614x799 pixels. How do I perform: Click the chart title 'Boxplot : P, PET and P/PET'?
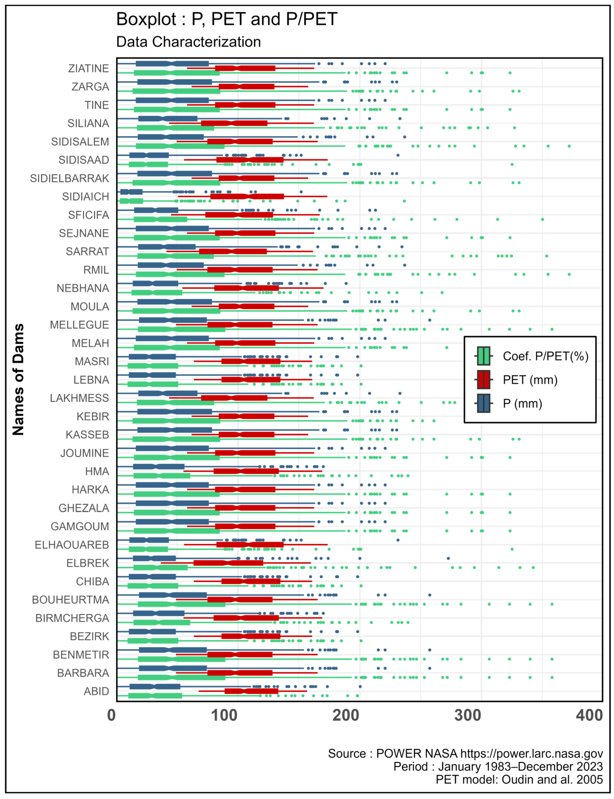(227, 19)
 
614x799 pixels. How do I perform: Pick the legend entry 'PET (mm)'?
(530, 380)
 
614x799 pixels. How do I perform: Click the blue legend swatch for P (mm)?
(483, 403)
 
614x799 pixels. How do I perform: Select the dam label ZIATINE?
(88, 68)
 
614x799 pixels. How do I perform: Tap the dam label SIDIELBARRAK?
(69, 178)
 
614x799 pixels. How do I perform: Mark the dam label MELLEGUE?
(79, 325)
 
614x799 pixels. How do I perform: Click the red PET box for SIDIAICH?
(247, 196)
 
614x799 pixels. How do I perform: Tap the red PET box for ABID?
(251, 691)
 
